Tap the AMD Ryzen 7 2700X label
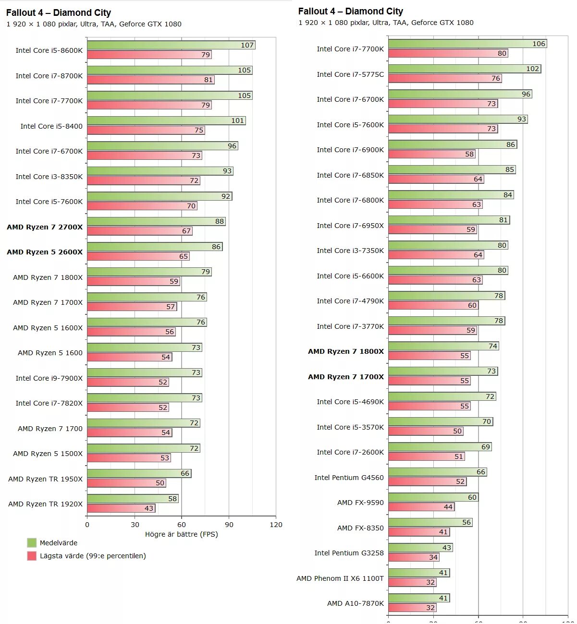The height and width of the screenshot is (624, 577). pos(45,227)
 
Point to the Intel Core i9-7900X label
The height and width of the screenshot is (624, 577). pos(49,378)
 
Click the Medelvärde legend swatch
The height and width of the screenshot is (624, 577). pos(32,543)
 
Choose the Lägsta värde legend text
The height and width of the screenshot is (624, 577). pos(93,556)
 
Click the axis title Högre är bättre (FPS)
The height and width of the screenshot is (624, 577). pos(181,534)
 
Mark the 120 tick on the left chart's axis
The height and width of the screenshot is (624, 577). pos(276,525)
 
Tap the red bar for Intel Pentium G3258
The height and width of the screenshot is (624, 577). pos(414,557)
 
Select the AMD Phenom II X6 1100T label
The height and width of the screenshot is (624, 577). pos(340,578)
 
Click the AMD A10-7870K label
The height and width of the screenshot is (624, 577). pos(356,603)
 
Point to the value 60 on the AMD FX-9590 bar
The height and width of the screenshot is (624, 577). pos(472,497)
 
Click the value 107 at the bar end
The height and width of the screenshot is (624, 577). pos(247,45)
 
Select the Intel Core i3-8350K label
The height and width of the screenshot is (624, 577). pos(49,177)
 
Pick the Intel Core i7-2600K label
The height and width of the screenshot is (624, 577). pos(350,452)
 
